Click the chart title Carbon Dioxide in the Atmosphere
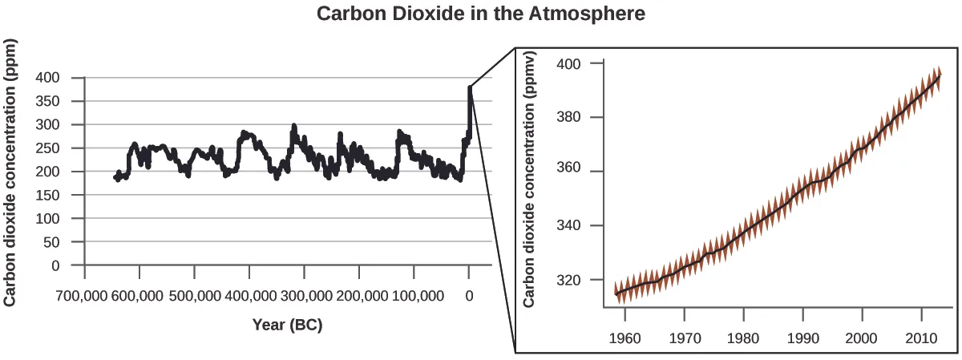[481, 14]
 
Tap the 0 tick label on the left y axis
[55, 265]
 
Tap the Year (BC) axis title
[287, 325]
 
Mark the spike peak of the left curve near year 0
[470, 87]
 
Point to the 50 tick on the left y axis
[52, 242]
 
